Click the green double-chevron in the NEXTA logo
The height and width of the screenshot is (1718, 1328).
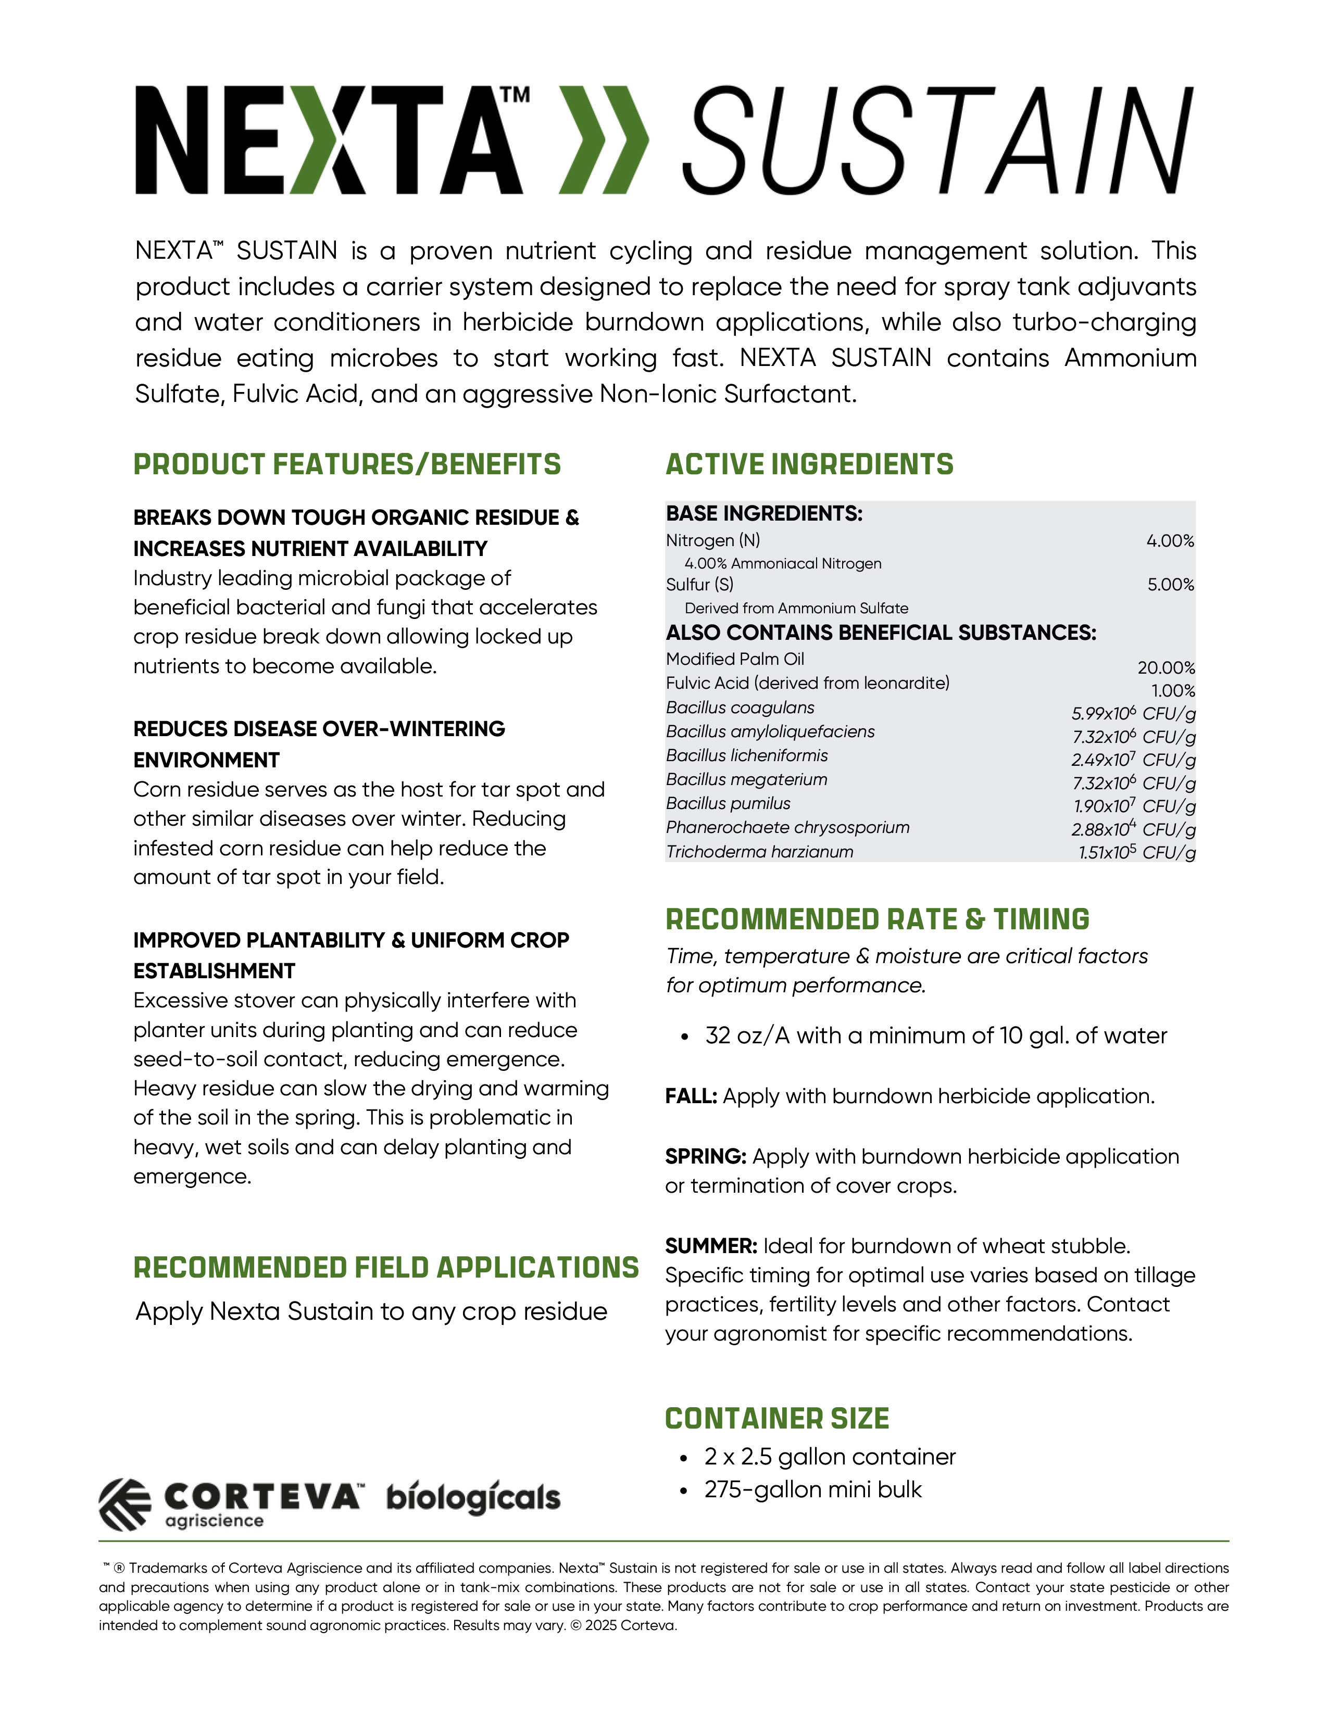click(x=604, y=140)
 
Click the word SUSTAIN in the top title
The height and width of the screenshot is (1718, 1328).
click(x=936, y=140)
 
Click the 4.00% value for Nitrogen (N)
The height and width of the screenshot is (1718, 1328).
click(x=1170, y=541)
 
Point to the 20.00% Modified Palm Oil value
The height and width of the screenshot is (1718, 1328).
click(x=1166, y=668)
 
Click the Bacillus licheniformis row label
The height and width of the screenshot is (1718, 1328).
click(x=747, y=756)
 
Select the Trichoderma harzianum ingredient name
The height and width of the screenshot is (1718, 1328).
click(x=759, y=852)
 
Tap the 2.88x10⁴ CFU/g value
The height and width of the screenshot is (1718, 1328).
click(x=1133, y=830)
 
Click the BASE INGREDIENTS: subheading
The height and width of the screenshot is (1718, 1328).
click(x=764, y=514)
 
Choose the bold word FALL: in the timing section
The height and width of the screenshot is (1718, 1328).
click(x=691, y=1096)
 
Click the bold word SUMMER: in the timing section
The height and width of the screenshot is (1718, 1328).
click(x=710, y=1246)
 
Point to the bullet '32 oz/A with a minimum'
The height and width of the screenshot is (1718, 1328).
click(x=935, y=1036)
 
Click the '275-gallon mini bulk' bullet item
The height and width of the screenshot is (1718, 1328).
click(x=813, y=1490)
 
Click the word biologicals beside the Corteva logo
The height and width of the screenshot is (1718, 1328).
click(x=473, y=1498)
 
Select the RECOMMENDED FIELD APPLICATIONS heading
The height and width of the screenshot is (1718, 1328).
click(x=385, y=1268)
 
